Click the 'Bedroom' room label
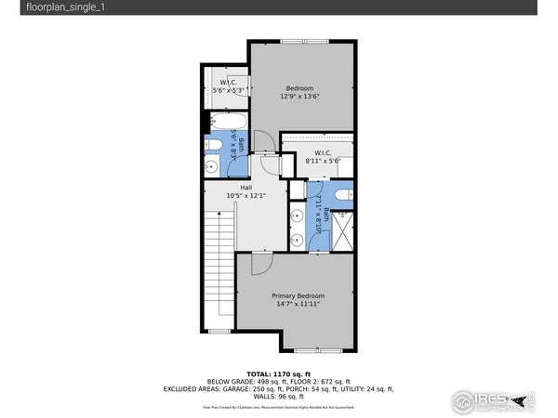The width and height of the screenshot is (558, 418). click(x=299, y=88)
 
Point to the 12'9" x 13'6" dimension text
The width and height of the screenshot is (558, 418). click(x=299, y=97)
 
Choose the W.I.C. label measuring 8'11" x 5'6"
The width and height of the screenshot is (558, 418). click(x=323, y=153)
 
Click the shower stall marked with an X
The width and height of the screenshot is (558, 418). click(x=341, y=229)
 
